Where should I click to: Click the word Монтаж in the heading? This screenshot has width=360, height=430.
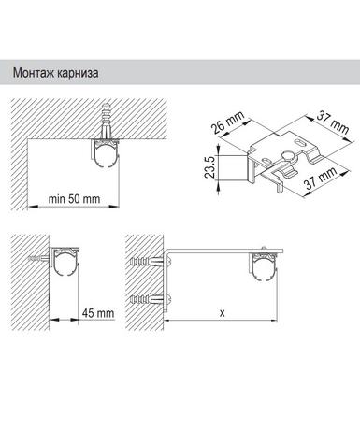(34, 73)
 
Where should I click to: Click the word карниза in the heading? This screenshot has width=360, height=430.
(78, 74)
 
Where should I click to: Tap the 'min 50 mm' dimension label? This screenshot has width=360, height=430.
(74, 199)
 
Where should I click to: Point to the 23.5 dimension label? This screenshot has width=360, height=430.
(209, 167)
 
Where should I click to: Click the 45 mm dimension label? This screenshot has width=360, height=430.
(98, 313)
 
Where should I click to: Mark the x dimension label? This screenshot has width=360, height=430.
(222, 312)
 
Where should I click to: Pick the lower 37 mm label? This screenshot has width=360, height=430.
(321, 179)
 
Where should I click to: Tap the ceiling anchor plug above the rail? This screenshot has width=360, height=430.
(106, 122)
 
